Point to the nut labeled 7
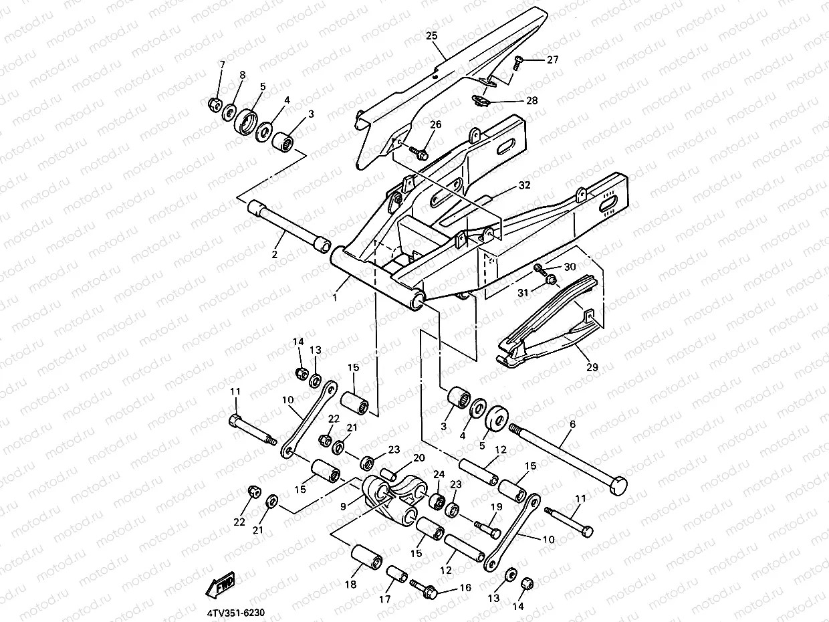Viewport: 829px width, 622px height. click(216, 104)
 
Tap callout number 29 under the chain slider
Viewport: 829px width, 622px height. click(592, 367)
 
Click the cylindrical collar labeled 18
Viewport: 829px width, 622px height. click(366, 557)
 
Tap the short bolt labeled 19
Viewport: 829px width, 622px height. click(487, 530)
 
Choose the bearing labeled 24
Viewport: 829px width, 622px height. click(437, 500)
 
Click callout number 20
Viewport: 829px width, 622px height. click(419, 458)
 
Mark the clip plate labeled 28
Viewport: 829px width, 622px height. click(479, 100)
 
